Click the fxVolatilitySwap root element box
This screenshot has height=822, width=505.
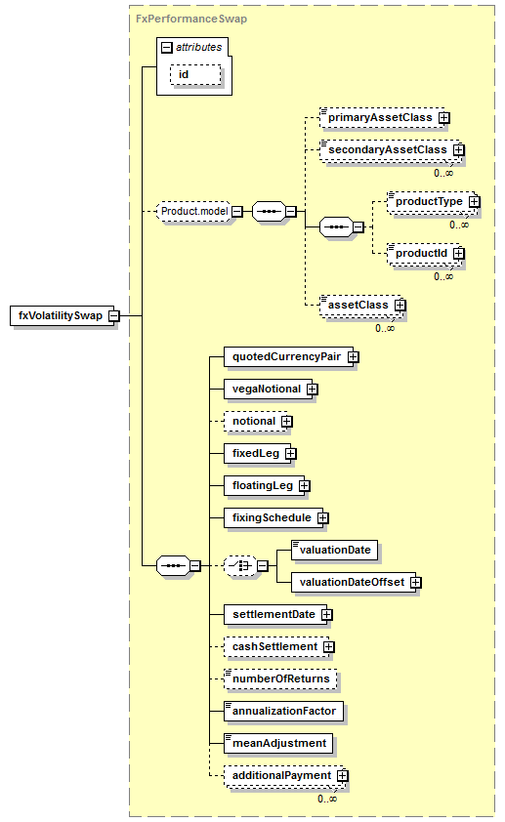pyautogui.click(x=62, y=315)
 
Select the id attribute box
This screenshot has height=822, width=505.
pyautogui.click(x=195, y=74)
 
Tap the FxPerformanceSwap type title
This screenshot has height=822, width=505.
pyautogui.click(x=191, y=19)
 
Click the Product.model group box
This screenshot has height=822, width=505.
pyautogui.click(x=194, y=211)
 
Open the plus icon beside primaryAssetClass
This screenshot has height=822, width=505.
pyautogui.click(x=444, y=118)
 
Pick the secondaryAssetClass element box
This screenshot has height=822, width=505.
pyautogui.click(x=389, y=150)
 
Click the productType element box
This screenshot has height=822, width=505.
pyautogui.click(x=430, y=202)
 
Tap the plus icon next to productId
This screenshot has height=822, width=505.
pyautogui.click(x=459, y=254)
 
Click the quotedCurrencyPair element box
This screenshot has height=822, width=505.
pyautogui.click(x=288, y=357)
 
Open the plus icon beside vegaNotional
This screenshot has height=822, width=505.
pyautogui.click(x=313, y=390)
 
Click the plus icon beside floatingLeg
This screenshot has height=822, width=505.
pyautogui.click(x=304, y=486)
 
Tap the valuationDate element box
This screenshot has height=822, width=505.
pyautogui.click(x=335, y=551)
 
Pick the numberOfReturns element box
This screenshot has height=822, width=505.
pyautogui.click(x=280, y=678)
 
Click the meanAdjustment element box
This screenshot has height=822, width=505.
pyautogui.click(x=278, y=743)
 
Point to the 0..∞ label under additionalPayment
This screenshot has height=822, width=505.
pyautogui.click(x=327, y=799)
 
